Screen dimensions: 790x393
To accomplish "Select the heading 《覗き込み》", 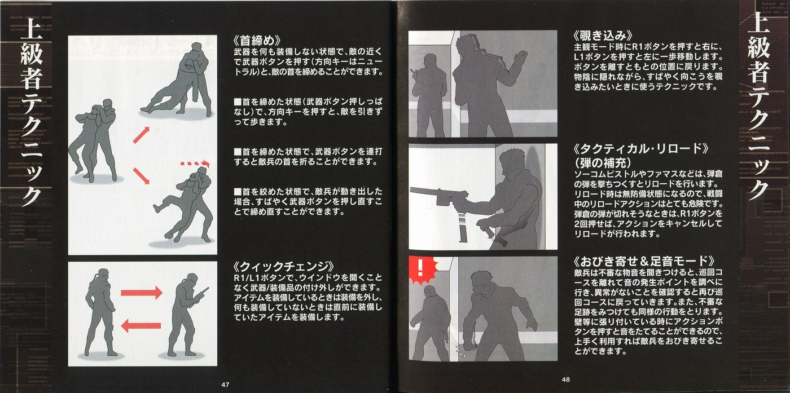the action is coord(603,36).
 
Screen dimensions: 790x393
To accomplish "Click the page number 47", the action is coord(225,385).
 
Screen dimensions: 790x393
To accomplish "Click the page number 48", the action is coord(565,379).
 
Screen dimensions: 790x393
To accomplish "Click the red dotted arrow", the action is coord(195,164).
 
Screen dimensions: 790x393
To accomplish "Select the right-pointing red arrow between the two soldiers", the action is coord(142,293).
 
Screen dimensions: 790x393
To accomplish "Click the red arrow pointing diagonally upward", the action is coord(142,135).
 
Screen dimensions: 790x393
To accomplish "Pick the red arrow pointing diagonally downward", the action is coord(142,175).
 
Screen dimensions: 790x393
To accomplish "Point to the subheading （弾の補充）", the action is coord(603,162).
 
